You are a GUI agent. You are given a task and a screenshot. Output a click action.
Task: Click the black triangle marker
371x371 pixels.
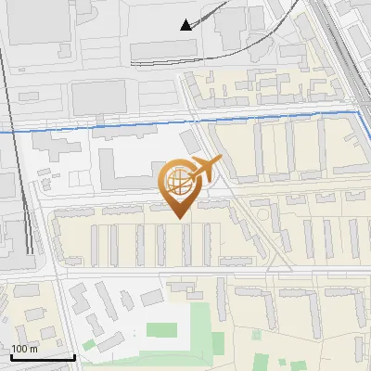click(186, 25)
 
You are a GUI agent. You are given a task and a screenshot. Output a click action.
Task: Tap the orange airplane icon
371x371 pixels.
click(205, 168)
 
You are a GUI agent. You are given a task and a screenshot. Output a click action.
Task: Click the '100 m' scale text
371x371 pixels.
click(25, 349)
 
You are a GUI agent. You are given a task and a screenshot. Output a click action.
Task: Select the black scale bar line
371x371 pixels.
click(43, 356)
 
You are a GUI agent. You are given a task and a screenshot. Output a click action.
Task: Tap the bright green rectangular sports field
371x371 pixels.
click(161, 329)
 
